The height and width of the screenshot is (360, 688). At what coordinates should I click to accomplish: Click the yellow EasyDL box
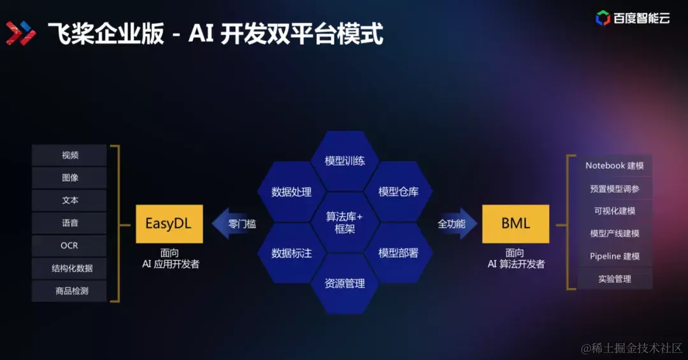point(169,224)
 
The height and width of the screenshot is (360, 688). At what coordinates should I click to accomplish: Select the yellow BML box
point(515,224)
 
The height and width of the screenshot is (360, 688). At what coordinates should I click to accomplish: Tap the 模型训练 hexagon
point(345,161)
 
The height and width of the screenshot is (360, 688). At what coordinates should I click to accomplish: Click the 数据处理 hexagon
point(291,192)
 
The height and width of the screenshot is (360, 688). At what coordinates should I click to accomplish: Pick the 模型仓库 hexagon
point(398,192)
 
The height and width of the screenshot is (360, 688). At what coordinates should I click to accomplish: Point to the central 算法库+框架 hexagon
point(345,222)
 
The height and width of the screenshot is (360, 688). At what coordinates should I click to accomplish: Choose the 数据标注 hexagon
point(291,253)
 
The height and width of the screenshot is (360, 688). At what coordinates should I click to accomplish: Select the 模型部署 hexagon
point(398,253)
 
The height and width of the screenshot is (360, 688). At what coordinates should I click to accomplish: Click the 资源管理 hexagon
point(345,284)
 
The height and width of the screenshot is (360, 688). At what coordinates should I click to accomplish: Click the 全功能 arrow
point(454,224)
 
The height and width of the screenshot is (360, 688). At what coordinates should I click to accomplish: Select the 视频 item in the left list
point(70,155)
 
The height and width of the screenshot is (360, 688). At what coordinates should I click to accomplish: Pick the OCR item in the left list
point(70,245)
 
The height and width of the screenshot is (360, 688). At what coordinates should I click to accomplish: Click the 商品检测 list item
point(70,291)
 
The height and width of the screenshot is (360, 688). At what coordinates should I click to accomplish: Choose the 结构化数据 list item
point(70,268)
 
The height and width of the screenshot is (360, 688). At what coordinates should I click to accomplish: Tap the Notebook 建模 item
point(615,166)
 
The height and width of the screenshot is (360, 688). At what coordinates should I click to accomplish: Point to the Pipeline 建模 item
point(615,256)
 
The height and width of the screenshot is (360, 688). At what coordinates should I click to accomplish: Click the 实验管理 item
point(615,279)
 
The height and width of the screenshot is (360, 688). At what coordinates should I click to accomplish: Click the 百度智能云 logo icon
point(603,18)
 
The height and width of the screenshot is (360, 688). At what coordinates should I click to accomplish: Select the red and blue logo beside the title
point(21,33)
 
